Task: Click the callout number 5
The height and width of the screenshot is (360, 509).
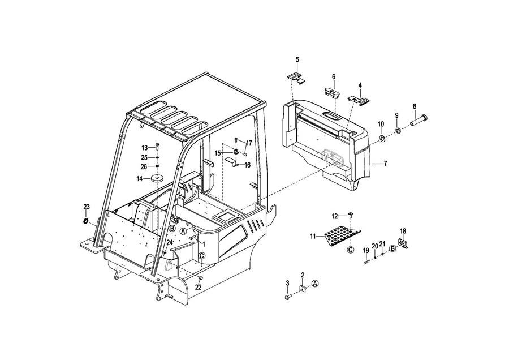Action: pos(297,59)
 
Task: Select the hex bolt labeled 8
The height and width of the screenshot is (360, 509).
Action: pos(420,120)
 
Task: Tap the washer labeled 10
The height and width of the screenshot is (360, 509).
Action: pos(382,139)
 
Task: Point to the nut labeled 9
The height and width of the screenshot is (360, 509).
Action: pos(398,131)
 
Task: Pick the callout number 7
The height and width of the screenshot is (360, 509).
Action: pos(385,164)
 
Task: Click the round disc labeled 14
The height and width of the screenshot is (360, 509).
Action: pos(157,179)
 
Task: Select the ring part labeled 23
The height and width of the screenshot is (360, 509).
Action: pos(85,221)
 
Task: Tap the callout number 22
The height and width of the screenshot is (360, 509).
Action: pos(198,287)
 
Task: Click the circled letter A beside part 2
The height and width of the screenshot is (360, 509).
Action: pos(315,284)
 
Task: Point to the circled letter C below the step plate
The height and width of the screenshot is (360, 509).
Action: pos(350,250)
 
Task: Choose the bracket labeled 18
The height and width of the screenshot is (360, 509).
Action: pos(403,243)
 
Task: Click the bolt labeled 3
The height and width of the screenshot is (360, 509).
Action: pos(288,297)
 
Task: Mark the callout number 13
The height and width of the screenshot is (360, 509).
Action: pos(144,148)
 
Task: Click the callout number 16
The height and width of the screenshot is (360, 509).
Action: pos(247,165)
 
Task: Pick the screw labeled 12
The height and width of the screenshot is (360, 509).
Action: pos(351,215)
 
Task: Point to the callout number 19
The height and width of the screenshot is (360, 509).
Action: pos(366,251)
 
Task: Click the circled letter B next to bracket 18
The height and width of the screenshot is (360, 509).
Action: pos(392,249)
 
